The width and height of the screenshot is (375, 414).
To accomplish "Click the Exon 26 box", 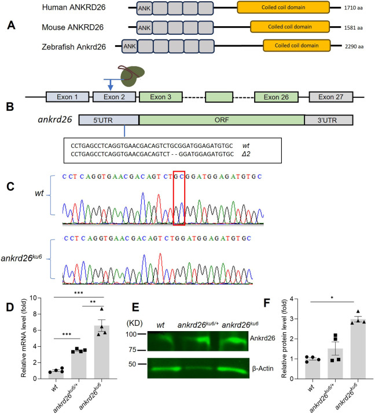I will (275, 97).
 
